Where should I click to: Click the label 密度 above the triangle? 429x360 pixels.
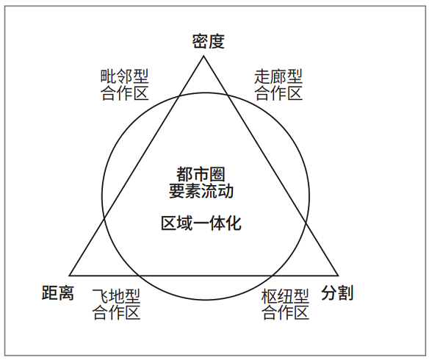[x=208, y=42]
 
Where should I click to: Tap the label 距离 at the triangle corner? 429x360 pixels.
[x=58, y=292]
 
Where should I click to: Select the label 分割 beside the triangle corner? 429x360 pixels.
[x=337, y=292]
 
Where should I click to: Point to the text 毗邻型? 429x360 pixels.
[x=124, y=76]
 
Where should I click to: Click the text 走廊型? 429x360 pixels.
[x=278, y=76]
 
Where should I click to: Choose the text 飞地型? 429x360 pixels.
[x=116, y=296]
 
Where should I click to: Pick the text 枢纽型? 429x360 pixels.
[x=285, y=296]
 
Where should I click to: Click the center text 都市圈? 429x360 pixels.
[x=201, y=174]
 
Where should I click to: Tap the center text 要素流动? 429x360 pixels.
[x=201, y=191]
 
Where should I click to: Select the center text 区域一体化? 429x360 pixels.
[x=201, y=223]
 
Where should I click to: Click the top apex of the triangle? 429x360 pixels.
[x=203, y=56]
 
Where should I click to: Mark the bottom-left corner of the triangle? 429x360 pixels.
[x=69, y=276]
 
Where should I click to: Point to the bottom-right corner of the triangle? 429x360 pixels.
[x=338, y=276]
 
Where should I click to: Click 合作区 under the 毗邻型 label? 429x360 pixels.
[x=124, y=93]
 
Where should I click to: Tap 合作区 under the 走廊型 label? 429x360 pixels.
[x=278, y=93]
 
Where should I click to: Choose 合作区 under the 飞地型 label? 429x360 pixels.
[x=116, y=312]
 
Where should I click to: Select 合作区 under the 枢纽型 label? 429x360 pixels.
[x=285, y=312]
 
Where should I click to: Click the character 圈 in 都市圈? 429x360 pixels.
[x=217, y=174]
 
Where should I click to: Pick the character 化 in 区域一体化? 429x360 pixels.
[x=234, y=223]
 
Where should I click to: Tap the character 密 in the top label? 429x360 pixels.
[x=200, y=42]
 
